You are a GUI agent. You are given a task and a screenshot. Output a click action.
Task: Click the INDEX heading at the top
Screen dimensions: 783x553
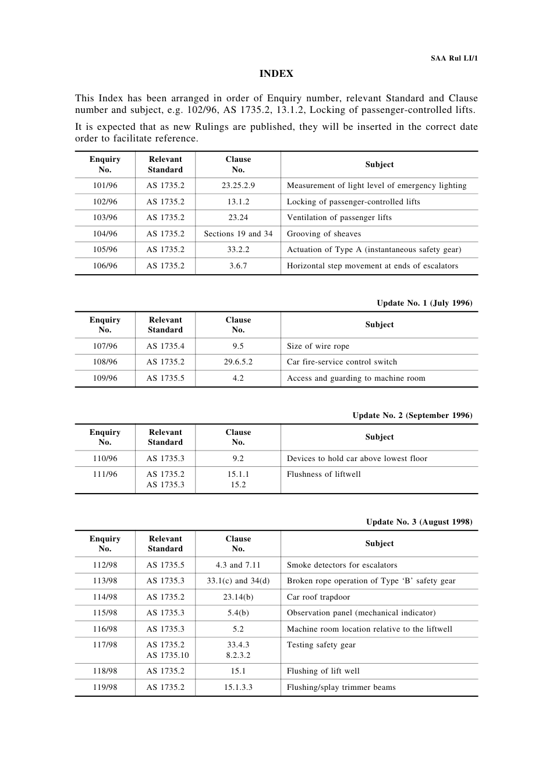[x=276, y=74]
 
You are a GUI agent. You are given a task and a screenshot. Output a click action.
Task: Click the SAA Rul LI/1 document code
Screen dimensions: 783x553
[x=454, y=58]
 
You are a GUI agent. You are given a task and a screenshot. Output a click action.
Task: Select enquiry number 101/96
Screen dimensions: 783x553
[x=105, y=186]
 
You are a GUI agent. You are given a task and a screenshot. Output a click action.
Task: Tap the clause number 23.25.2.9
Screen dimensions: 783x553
[x=238, y=186]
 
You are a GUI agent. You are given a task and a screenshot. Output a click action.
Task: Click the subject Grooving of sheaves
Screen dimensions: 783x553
[x=324, y=234]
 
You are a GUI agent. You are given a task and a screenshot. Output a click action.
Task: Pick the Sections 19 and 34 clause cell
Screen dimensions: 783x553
[x=238, y=234]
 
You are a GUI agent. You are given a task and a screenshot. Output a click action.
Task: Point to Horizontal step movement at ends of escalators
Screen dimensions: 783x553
[x=372, y=266]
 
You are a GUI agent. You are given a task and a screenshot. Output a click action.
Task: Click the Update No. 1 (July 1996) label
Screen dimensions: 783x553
[x=424, y=303]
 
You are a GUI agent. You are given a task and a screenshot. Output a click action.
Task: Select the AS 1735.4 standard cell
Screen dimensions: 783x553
[x=165, y=346]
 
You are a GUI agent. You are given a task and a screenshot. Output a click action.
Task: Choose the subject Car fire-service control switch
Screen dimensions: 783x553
[x=342, y=362]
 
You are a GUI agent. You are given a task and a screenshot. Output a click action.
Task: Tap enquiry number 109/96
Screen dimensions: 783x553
[x=105, y=378]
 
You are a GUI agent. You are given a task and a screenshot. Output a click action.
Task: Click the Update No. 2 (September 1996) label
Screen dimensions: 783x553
[x=412, y=415]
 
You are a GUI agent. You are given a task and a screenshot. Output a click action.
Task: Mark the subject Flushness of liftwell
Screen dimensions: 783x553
[x=324, y=474]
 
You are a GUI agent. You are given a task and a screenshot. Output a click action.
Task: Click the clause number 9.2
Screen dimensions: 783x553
[x=238, y=459]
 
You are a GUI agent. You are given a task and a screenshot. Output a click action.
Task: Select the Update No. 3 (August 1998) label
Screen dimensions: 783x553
[x=419, y=522]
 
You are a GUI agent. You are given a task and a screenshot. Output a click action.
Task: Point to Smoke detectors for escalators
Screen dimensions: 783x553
[x=342, y=565]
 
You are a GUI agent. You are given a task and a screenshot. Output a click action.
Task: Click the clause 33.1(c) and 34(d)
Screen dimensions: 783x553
[x=238, y=581]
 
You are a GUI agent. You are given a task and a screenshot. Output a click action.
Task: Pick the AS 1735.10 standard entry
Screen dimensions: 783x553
[x=168, y=656]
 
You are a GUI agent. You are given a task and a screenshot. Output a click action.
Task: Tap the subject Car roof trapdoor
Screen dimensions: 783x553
[x=318, y=597]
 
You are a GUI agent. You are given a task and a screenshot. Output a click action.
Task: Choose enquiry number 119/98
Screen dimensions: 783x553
[x=105, y=688]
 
